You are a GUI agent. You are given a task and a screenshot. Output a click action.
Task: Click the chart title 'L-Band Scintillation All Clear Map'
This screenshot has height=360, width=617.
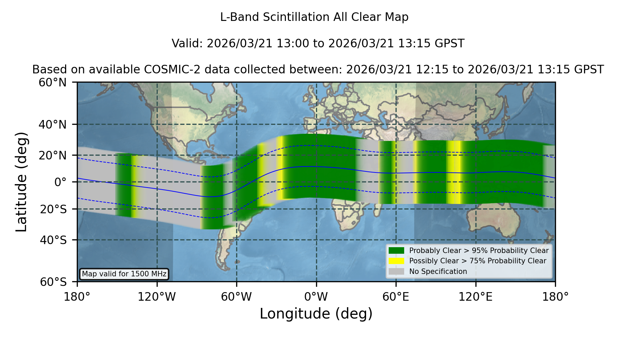coord(314,17)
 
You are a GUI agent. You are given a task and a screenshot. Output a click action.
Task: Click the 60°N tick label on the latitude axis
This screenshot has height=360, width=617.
coord(52,83)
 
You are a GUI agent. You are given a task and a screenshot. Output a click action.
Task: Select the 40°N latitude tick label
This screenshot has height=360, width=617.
coord(52,124)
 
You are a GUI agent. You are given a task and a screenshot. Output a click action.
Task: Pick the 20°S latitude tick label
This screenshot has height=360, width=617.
coord(53,209)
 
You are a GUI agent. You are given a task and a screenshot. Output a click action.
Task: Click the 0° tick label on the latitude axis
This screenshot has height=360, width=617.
coord(60,182)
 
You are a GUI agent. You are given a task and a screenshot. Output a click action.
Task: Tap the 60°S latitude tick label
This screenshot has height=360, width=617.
coord(53,282)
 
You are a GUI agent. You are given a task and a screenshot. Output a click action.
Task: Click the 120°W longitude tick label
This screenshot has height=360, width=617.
coord(157,297)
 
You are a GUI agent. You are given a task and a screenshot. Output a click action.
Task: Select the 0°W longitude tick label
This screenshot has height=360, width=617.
coord(316,297)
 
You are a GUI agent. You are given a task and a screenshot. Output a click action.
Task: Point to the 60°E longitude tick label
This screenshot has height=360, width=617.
coord(396,297)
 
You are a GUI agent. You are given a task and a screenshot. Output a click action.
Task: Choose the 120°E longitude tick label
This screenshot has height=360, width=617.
coord(475,297)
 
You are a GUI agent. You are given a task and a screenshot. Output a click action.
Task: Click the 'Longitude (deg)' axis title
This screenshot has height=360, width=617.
coord(316,314)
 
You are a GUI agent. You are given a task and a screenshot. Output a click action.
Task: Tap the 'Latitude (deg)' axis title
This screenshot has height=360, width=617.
coord(21,182)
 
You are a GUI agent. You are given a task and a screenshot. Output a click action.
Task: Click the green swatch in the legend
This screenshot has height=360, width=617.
coord(397,251)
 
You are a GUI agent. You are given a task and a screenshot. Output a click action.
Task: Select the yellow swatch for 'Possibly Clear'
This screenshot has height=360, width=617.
coord(397,261)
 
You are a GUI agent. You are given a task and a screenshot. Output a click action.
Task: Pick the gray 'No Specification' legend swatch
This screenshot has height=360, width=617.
coord(397,272)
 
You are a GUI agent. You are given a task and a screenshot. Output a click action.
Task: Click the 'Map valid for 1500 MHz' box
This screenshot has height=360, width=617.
coord(124,274)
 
